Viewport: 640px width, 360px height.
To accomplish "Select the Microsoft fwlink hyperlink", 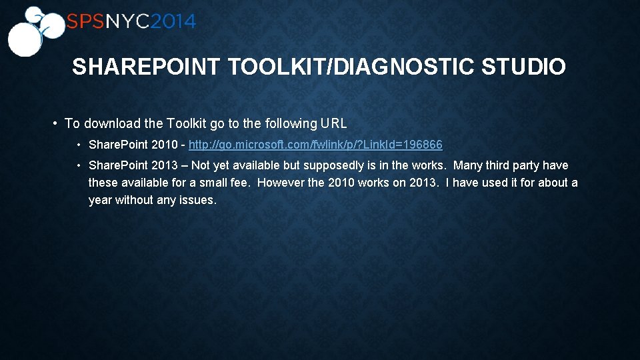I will pyautogui.click(x=315, y=145).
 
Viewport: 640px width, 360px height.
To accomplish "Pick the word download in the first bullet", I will pyautogui.click(x=112, y=123).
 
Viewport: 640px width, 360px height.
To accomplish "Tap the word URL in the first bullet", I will pyautogui.click(x=333, y=123).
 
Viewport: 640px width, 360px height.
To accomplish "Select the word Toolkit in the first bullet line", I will pyautogui.click(x=186, y=123).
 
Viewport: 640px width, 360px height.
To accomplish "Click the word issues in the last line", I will pyautogui.click(x=197, y=200).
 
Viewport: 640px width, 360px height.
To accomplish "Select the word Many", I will pyautogui.click(x=467, y=165).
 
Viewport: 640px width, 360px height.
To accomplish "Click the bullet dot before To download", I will pyautogui.click(x=55, y=124).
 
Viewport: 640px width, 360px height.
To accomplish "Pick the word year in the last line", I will pyautogui.click(x=100, y=200).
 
